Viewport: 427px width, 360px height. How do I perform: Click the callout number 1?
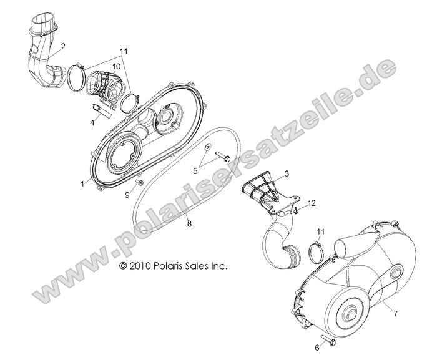click(x=82, y=184)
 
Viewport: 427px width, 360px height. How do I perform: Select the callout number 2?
click(x=63, y=46)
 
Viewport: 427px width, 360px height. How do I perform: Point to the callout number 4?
click(x=92, y=123)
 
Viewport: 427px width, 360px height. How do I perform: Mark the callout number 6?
click(x=317, y=347)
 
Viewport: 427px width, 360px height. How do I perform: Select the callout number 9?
click(x=128, y=195)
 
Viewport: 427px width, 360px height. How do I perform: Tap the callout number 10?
click(x=116, y=66)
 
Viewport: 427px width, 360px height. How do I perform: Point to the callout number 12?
click(x=312, y=203)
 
